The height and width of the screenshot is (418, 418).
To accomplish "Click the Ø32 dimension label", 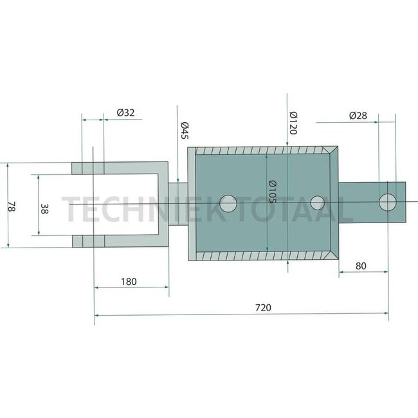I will click(125, 113).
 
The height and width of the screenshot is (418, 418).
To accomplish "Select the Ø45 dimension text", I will click(183, 131).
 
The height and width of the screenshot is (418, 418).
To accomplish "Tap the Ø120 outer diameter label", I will click(292, 122).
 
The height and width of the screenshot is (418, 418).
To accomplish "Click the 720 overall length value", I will click(262, 307).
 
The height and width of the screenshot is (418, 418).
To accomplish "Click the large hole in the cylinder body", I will click(227, 203).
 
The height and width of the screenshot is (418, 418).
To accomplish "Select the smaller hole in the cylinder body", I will click(317, 203).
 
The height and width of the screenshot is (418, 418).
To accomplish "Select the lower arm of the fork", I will click(122, 241).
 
